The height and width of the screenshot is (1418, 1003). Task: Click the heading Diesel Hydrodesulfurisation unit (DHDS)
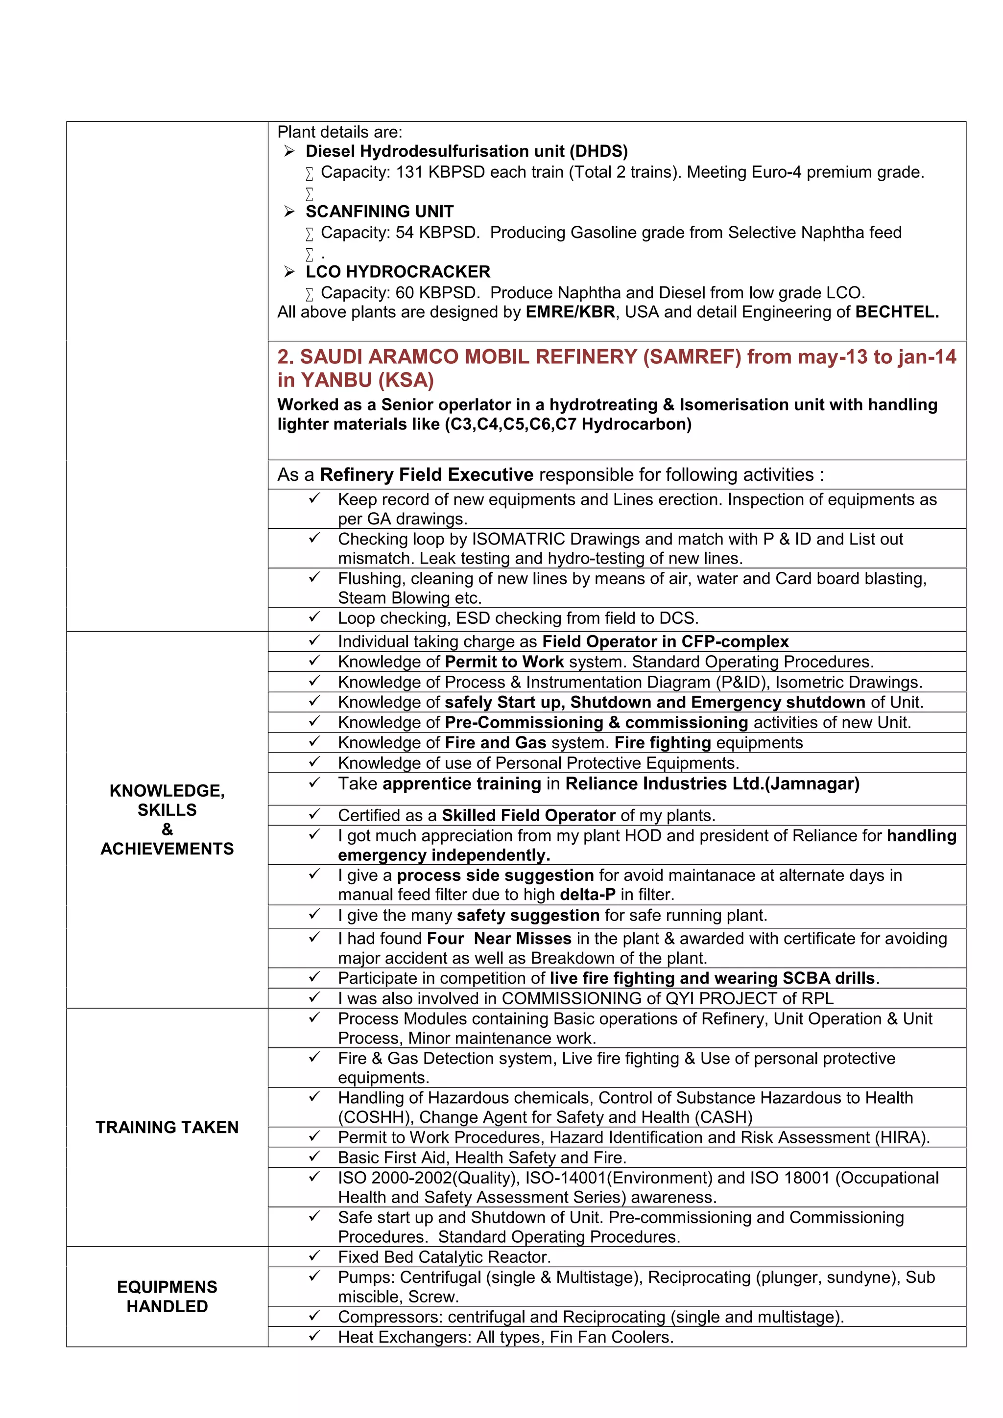pos(466,151)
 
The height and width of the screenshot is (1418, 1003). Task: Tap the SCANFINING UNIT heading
pos(379,212)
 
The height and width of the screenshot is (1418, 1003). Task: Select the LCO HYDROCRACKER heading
pos(398,272)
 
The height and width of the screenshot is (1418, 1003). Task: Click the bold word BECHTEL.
pos(897,312)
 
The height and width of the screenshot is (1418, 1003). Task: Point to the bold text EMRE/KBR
pos(570,312)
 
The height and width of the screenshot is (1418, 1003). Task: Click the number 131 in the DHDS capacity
pos(409,172)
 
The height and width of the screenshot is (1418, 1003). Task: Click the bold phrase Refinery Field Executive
pos(426,475)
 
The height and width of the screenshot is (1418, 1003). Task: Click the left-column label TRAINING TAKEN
pos(167,1127)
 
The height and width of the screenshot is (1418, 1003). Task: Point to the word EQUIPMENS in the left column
pos(167,1287)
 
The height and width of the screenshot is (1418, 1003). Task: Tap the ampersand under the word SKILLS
pos(167,829)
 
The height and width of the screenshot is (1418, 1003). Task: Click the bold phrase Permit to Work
pos(504,662)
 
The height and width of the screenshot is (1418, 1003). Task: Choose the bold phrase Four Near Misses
pos(499,939)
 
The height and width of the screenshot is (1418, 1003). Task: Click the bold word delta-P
pos(587,895)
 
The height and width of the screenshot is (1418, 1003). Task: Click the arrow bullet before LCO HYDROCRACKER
pos(289,272)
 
